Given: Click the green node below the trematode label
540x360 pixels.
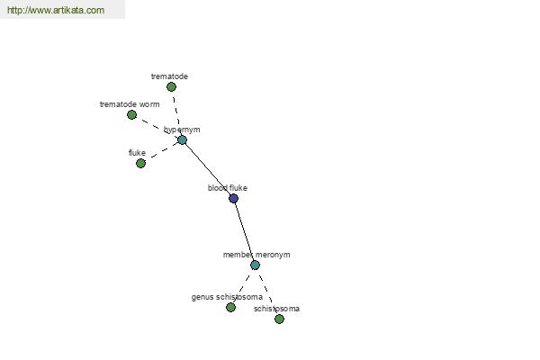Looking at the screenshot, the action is pos(171,86).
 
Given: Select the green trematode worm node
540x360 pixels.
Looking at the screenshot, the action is pos(131,114).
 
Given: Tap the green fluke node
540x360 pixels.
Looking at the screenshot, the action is pos(140,163).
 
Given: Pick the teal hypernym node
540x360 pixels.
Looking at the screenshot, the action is pos(182,139).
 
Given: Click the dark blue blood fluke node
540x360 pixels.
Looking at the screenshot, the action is pos(233,198).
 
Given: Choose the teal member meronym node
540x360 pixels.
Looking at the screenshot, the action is pos(255,265).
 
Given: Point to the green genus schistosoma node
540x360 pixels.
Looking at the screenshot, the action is pos(230,307).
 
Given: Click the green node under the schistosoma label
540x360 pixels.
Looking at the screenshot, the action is pos(279,319).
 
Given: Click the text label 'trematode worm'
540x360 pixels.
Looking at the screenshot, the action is pos(130,104).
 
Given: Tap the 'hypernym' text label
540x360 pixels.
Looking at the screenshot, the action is pos(182,130).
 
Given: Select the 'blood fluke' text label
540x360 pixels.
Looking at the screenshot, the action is pos(228,188).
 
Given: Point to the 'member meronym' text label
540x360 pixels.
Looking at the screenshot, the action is pos(256,255).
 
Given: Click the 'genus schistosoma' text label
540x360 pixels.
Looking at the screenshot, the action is pos(227,297).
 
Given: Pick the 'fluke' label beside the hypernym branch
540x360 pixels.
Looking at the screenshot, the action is pos(137,153).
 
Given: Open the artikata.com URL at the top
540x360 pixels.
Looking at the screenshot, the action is pos(56,10).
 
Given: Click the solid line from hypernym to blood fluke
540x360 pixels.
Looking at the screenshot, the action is pos(208,169).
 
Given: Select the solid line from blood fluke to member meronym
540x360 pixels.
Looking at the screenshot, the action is pos(244,231).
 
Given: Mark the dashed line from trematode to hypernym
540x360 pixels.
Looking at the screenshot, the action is pos(176,112).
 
